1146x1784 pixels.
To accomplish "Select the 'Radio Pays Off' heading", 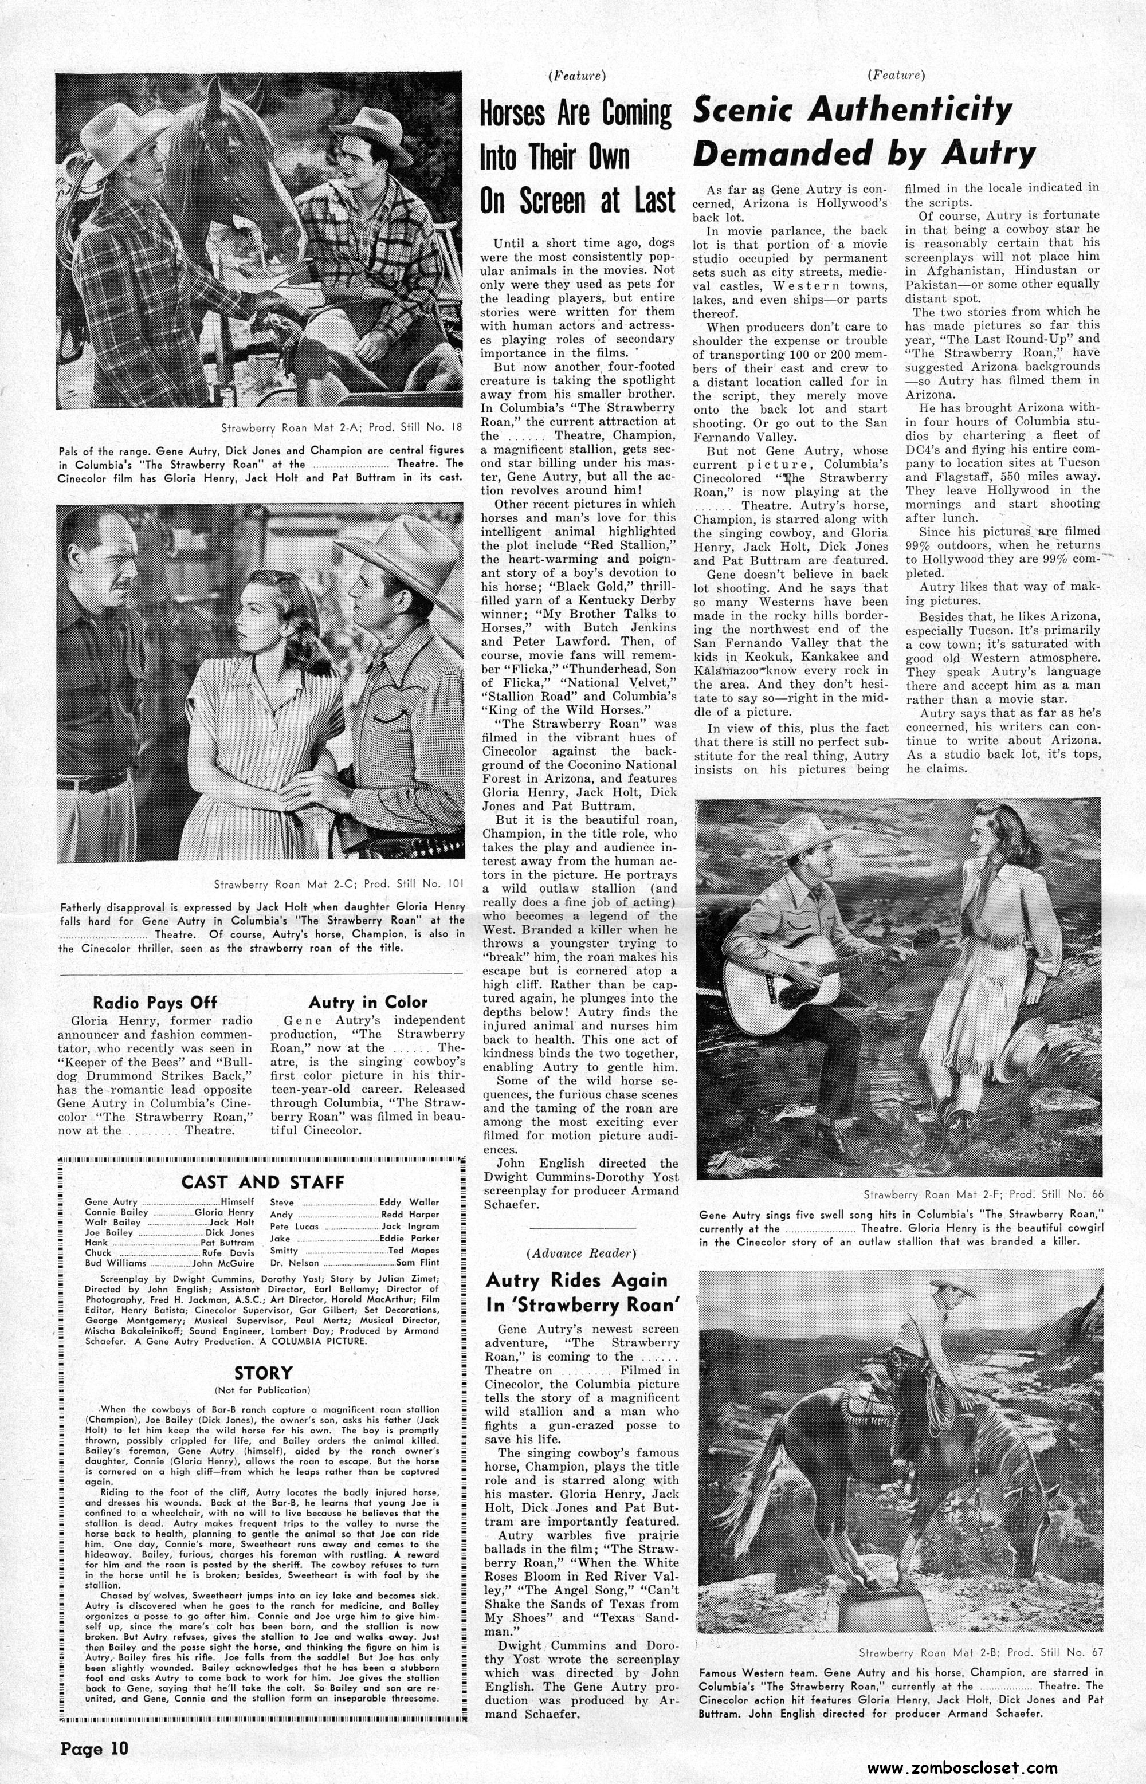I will (x=155, y=1002).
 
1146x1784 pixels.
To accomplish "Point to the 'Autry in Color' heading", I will (x=368, y=1002).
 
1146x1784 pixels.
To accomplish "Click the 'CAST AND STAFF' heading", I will (x=262, y=1181).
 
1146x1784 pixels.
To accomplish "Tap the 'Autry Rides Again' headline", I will (x=576, y=1293).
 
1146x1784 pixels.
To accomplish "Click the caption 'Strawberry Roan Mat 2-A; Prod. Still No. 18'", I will (x=342, y=428).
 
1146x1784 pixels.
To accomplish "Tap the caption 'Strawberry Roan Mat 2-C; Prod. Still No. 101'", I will (x=339, y=885).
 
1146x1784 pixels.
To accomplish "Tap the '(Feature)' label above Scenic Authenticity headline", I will (x=897, y=74).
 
